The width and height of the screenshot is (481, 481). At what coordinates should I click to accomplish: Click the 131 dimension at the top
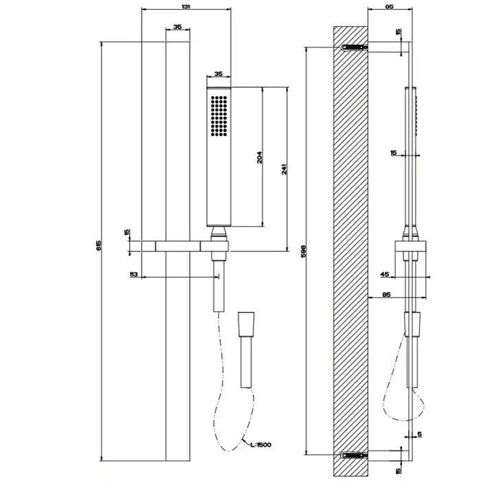point(186,5)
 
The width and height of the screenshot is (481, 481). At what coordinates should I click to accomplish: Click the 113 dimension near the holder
point(134,275)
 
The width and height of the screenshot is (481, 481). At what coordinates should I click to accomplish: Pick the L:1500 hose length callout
point(260,445)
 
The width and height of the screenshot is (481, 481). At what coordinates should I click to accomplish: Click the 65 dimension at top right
point(389,5)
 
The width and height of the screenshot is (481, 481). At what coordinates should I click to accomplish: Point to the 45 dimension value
point(384,275)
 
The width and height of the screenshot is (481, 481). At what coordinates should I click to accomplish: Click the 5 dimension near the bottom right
point(419,434)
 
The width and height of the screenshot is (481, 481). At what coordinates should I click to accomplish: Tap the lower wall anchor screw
point(352,454)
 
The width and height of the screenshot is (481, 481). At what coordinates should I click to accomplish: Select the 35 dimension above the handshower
point(219,74)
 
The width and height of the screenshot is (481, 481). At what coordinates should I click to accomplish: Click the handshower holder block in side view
point(412,247)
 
